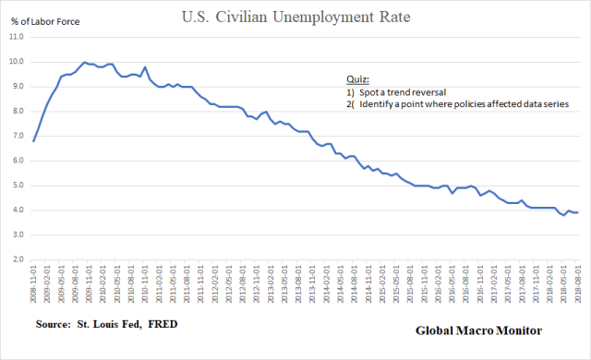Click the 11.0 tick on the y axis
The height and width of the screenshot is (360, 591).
coord(18,38)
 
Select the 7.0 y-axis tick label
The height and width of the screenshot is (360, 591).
coord(18,136)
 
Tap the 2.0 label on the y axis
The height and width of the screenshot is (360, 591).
coord(18,259)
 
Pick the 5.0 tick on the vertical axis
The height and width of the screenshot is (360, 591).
coord(18,186)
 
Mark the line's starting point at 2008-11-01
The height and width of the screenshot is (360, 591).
coord(34,141)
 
